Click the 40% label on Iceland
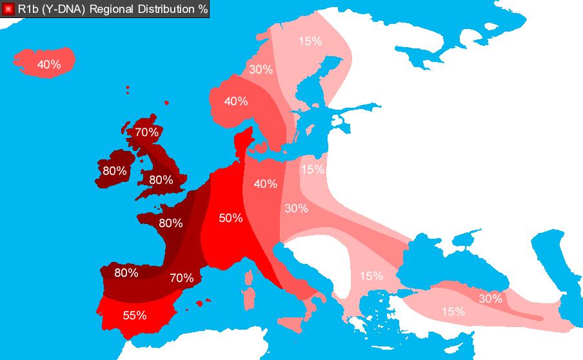(x=49, y=65)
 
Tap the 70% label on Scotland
(x=146, y=133)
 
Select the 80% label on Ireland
(x=114, y=172)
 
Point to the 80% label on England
(x=161, y=180)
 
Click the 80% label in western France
(x=170, y=223)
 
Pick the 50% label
(x=230, y=218)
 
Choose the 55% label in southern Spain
(x=134, y=315)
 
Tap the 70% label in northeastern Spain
(x=182, y=278)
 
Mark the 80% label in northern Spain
(x=126, y=272)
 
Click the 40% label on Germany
(x=265, y=184)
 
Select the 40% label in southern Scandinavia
(x=236, y=101)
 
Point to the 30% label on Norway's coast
(x=261, y=70)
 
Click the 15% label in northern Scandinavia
(x=310, y=41)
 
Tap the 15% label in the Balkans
(x=371, y=276)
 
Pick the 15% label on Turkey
(x=453, y=312)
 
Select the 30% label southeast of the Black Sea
(x=490, y=299)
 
